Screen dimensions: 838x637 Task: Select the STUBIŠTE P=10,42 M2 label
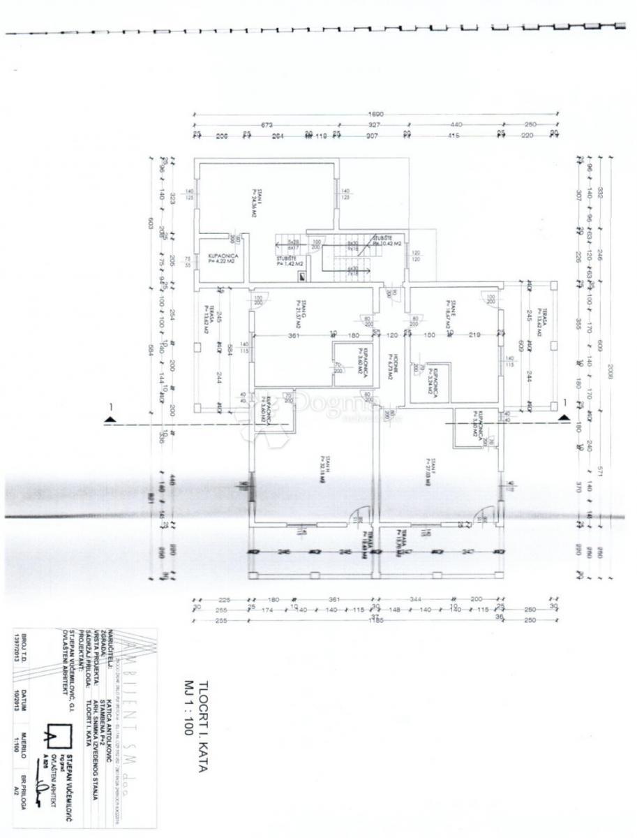click(x=387, y=242)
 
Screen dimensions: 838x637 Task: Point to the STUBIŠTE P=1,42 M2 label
click(x=289, y=261)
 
